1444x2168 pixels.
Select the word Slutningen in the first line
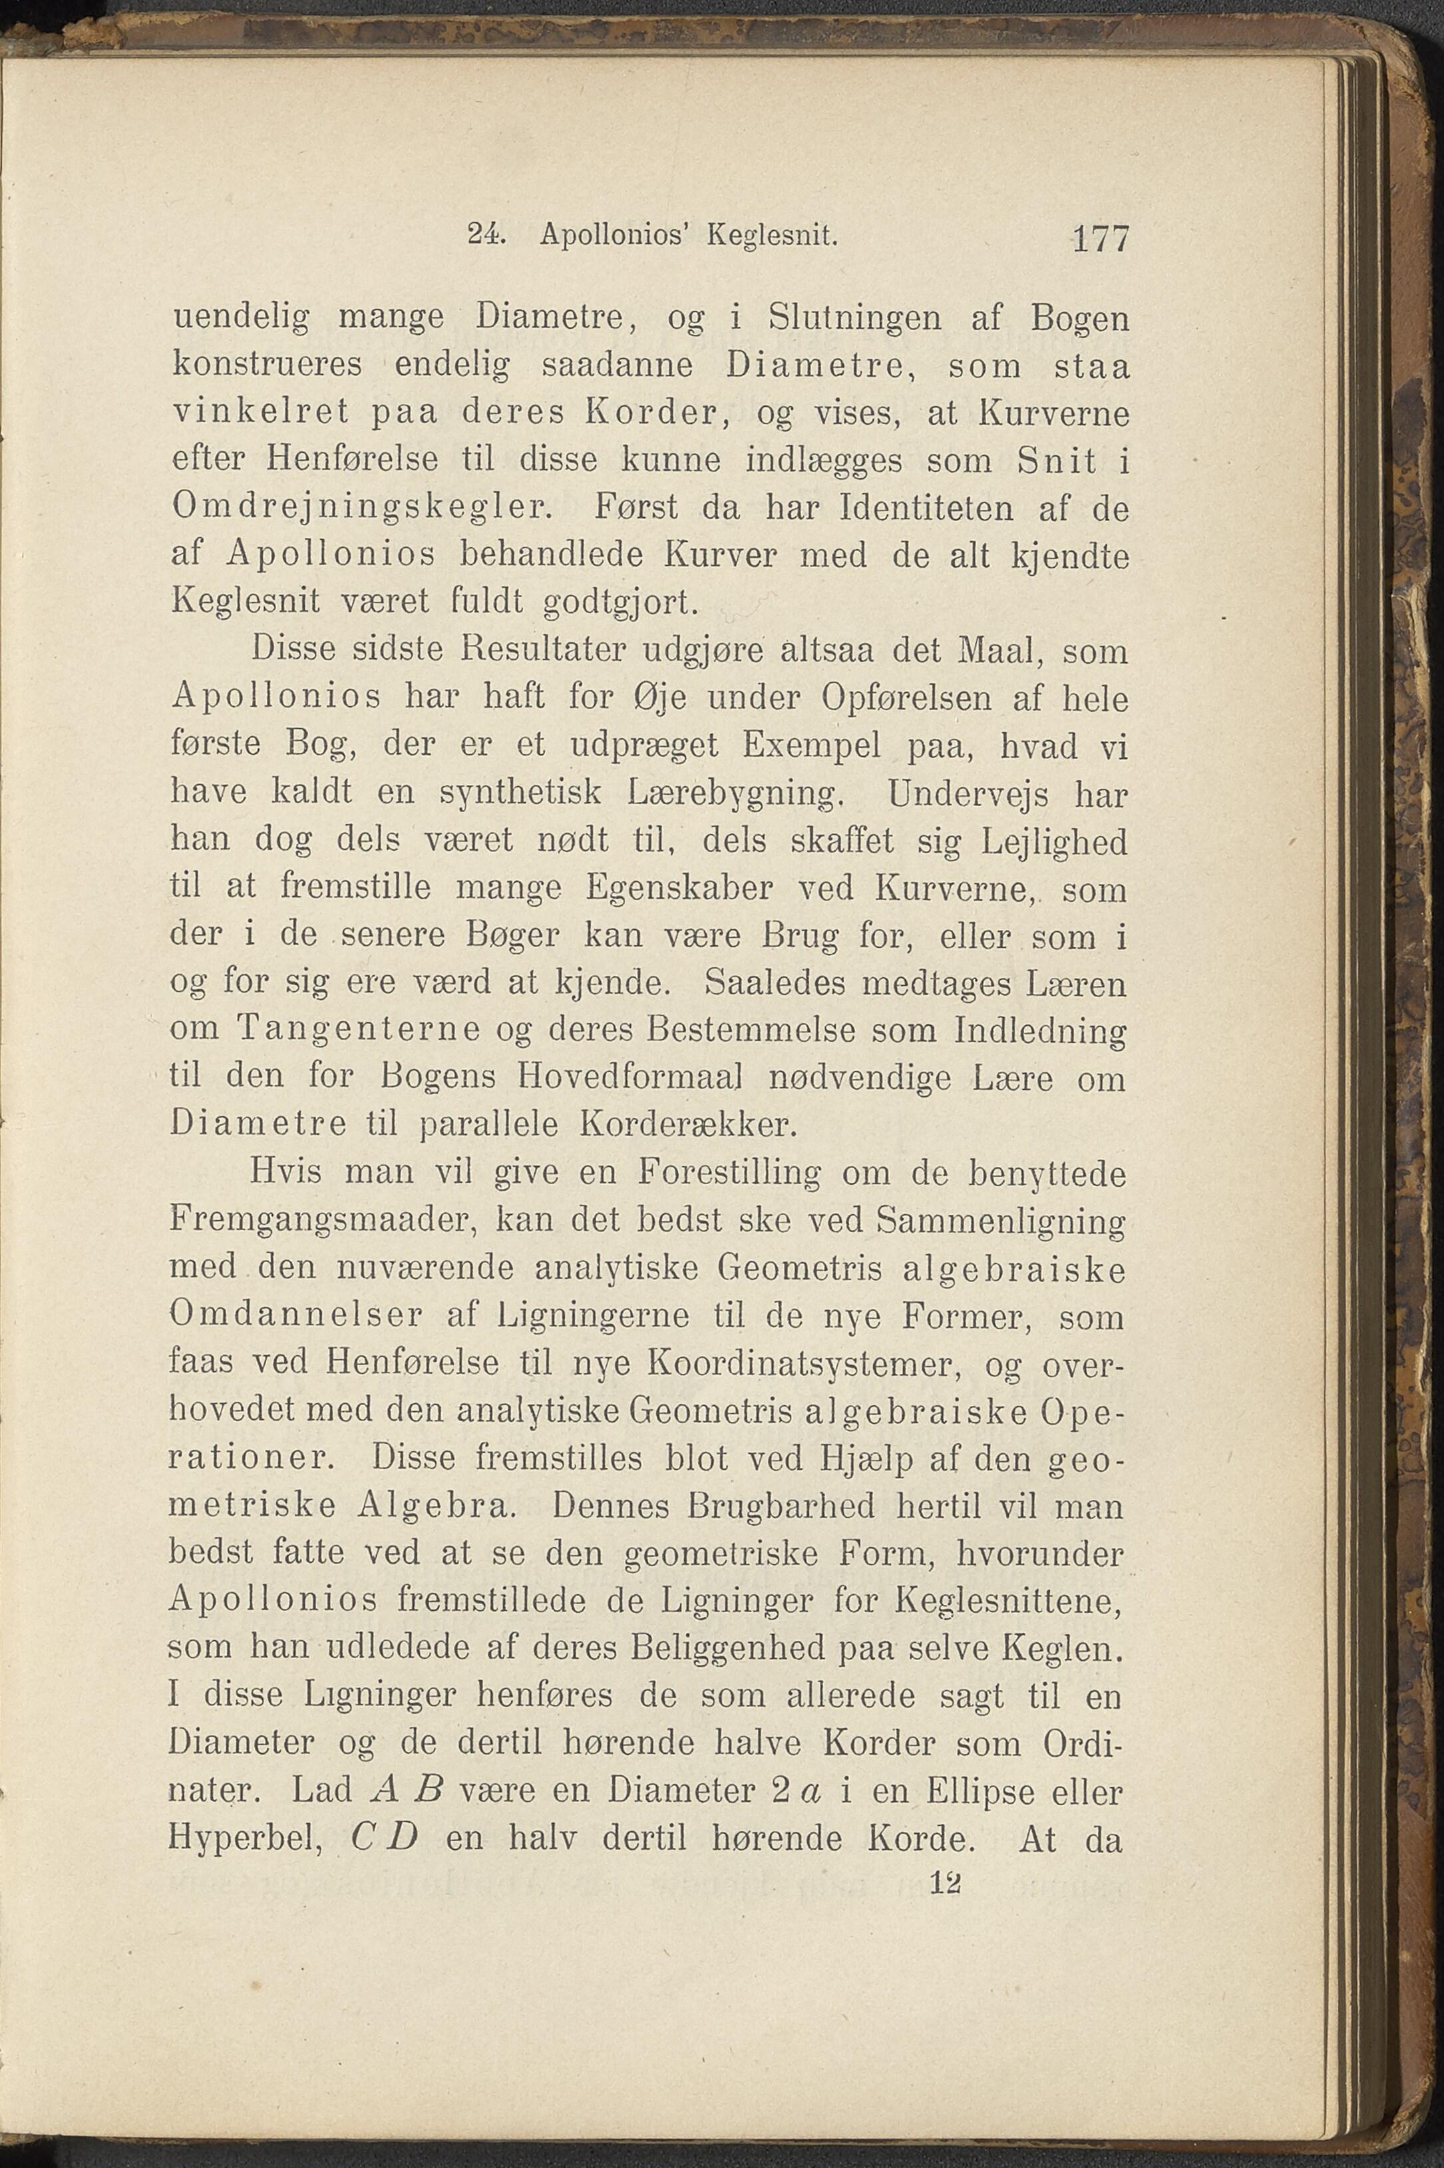pos(854,320)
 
